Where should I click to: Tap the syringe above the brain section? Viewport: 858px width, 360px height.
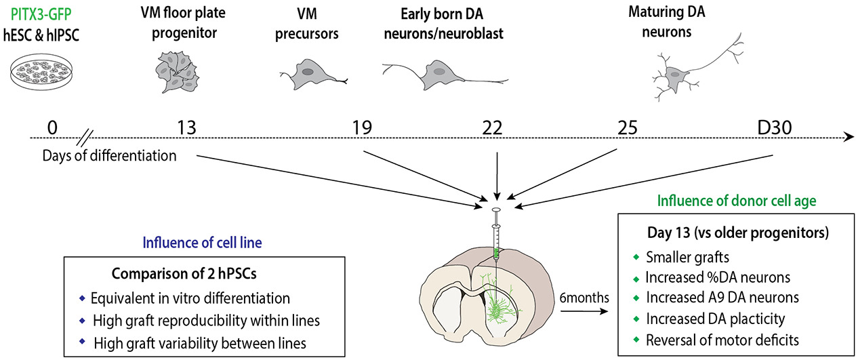[x=495, y=235]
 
